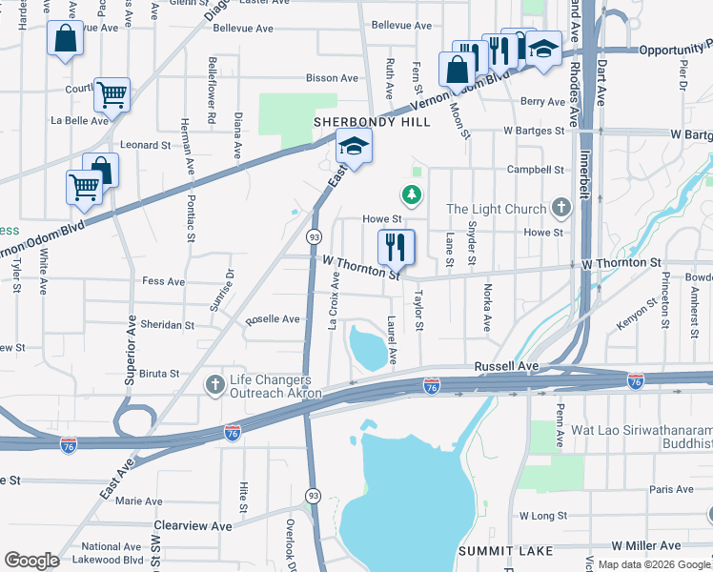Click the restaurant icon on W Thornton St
pyautogui.click(x=397, y=247)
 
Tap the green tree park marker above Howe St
pyautogui.click(x=412, y=195)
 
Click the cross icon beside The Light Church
pyautogui.click(x=562, y=208)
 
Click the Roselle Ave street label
pyautogui.click(x=273, y=319)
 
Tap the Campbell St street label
pyautogui.click(x=536, y=170)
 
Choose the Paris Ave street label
pyautogui.click(x=671, y=489)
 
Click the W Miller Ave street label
pyautogui.click(x=646, y=545)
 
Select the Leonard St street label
pyautogui.click(x=145, y=145)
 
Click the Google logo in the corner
pyautogui.click(x=31, y=561)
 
